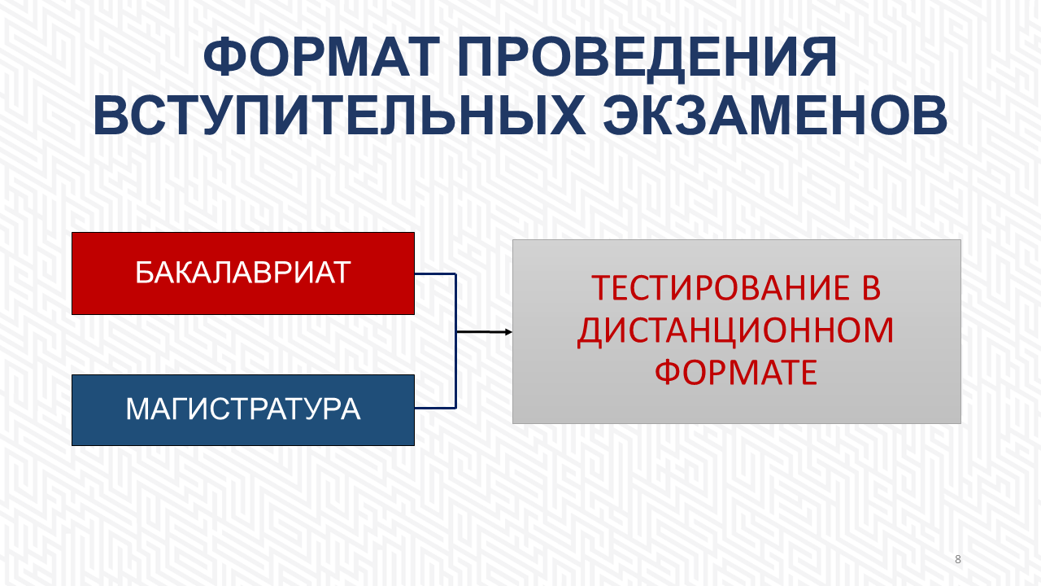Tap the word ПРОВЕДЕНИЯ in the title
click(x=647, y=58)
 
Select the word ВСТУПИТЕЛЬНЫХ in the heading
click(x=339, y=116)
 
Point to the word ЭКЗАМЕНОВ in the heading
click(x=775, y=116)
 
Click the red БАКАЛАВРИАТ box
click(x=243, y=273)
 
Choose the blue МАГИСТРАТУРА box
click(x=243, y=410)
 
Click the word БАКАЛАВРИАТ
click(x=243, y=273)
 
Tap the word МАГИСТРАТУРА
click(x=243, y=409)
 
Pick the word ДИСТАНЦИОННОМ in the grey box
click(x=736, y=331)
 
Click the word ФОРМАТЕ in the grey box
click(x=736, y=373)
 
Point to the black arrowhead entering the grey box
click(x=508, y=332)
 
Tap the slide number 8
click(x=958, y=559)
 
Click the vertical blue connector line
click(x=456, y=341)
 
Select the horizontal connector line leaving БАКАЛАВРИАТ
click(x=435, y=274)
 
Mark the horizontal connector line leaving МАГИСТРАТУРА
click(x=435, y=408)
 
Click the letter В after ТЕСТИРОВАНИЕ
click(x=871, y=288)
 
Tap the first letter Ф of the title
click(x=224, y=57)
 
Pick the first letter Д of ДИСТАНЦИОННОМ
click(x=590, y=333)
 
